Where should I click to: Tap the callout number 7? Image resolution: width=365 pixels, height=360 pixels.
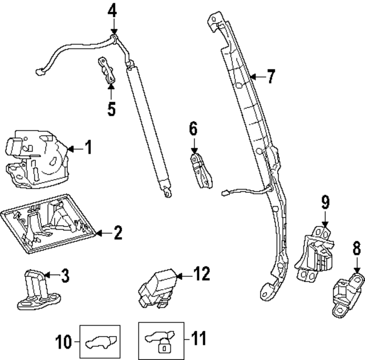click(x=270, y=76)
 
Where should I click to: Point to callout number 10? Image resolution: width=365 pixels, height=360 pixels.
click(x=64, y=342)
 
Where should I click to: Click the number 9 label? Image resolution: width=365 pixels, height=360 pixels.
click(x=325, y=201)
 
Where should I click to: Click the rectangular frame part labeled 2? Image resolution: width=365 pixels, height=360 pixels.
click(x=48, y=225)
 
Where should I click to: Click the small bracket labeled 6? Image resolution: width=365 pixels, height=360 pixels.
click(x=200, y=169)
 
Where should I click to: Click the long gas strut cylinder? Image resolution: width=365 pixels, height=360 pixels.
click(x=148, y=123)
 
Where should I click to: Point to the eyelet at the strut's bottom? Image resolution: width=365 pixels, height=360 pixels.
click(x=166, y=193)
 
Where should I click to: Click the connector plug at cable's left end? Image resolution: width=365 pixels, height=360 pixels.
click(x=40, y=72)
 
